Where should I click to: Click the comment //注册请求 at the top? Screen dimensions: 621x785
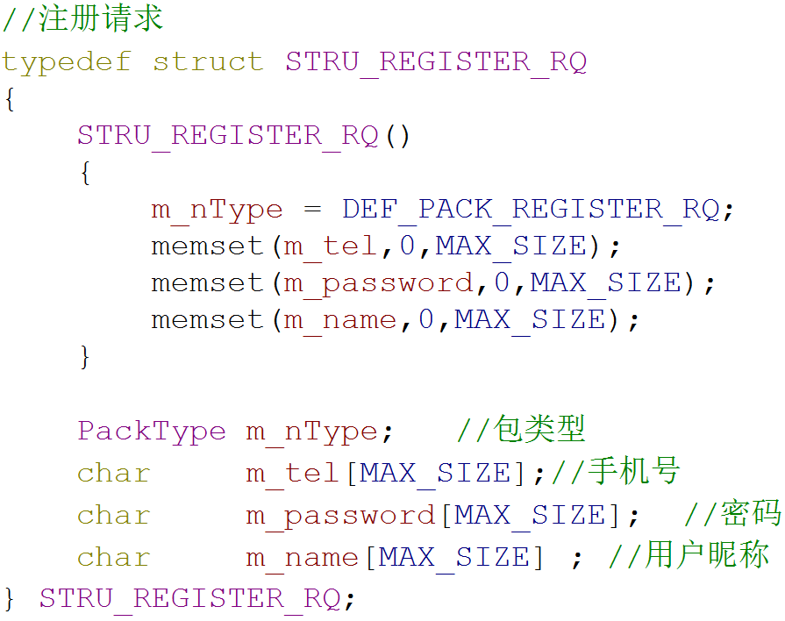tap(82, 19)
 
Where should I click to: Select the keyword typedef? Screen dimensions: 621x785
tap(66, 62)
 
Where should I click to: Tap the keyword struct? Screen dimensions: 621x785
tap(208, 62)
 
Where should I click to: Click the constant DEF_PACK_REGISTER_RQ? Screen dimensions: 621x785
tap(531, 210)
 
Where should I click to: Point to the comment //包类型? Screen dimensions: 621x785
tap(521, 430)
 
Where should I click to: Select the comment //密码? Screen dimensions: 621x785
tap(731, 515)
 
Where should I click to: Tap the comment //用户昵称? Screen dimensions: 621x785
tap(689, 556)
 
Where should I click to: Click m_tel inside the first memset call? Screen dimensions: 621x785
tap(331, 246)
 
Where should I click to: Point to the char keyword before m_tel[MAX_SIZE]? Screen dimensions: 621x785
tap(114, 474)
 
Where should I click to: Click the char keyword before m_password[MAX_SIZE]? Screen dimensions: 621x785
tap(114, 516)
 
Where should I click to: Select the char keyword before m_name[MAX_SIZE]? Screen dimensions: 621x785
tap(114, 558)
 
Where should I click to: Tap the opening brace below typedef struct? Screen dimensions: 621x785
tap(10, 100)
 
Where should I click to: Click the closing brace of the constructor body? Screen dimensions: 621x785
tap(85, 357)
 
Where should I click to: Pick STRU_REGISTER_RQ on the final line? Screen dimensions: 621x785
tap(189, 598)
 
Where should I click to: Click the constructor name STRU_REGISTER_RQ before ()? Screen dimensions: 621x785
tap(227, 136)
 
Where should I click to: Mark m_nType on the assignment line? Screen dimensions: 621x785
tap(217, 210)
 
